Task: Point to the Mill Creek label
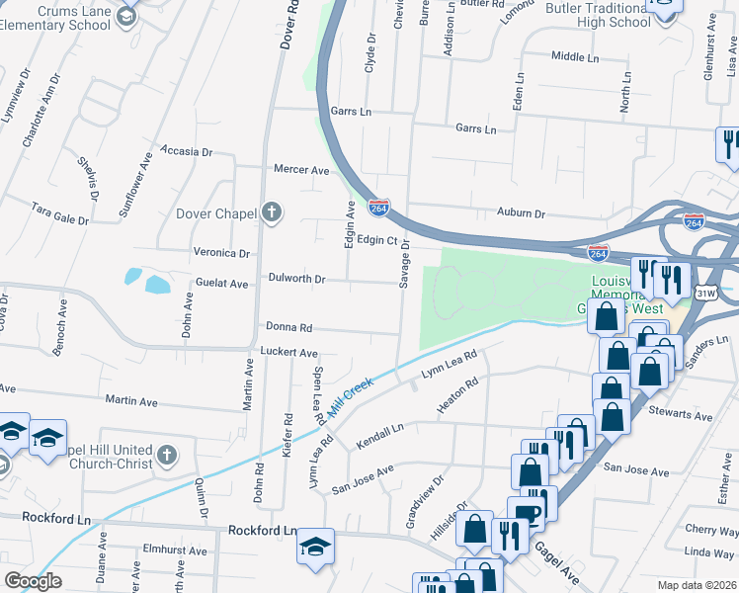[x=350, y=396]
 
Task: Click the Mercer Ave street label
[x=301, y=170]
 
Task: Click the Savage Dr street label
[x=404, y=268]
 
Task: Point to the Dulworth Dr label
[x=296, y=279]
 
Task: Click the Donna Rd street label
[x=288, y=327]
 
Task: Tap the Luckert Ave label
[x=288, y=352]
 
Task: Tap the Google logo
[x=33, y=581]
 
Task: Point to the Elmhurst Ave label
[x=174, y=551]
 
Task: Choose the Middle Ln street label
[x=575, y=56]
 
